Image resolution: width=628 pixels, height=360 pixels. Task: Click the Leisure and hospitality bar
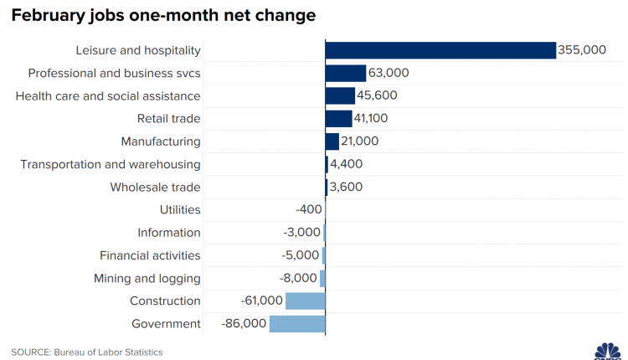point(440,50)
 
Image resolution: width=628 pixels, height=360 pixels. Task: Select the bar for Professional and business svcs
point(346,73)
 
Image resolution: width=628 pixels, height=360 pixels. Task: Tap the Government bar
point(297,324)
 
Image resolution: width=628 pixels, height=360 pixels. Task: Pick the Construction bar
point(306,301)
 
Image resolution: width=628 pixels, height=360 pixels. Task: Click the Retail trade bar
point(339,119)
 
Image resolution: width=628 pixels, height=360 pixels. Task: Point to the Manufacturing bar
point(332,141)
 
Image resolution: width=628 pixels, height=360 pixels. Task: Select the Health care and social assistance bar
point(341,95)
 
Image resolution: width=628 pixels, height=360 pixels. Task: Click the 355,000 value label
point(582,50)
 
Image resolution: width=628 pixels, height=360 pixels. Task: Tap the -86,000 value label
point(244,324)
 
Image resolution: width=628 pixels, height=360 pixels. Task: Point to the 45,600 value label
point(378,95)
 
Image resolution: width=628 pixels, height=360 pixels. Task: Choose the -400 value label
point(303,210)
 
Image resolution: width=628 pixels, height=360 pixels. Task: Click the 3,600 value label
point(347,188)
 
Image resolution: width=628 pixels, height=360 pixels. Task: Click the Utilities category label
point(180,210)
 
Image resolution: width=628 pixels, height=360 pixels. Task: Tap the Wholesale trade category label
point(155,188)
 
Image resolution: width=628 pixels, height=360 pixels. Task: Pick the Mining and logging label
point(148,279)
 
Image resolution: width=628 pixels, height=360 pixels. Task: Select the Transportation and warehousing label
point(111,164)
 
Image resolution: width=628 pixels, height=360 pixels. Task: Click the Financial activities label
point(150,255)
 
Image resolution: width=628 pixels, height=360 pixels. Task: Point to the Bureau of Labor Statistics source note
point(86,352)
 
